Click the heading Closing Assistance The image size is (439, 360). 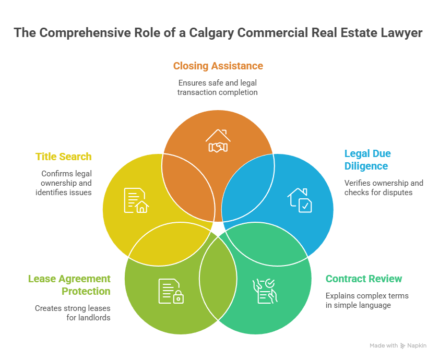coord(218,66)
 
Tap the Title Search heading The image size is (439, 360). coord(63,157)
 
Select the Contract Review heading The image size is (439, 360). coord(364,279)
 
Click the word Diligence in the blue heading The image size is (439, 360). coord(366,166)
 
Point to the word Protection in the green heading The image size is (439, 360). coord(86,291)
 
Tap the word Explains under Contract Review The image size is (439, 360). coord(339,296)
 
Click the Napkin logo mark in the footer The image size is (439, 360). coord(402,345)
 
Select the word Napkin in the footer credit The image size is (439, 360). coord(417,345)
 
